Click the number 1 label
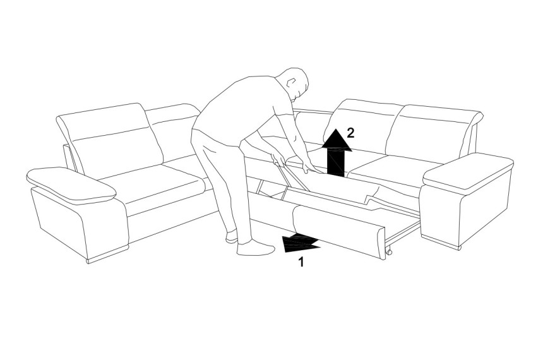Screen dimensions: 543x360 pyautogui.click(x=301, y=261)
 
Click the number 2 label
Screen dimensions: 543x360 pyautogui.click(x=350, y=133)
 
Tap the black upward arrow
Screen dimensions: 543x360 pyautogui.click(x=336, y=153)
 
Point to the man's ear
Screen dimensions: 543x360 pyautogui.click(x=290, y=83)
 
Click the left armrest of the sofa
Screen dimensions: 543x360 pyautogui.click(x=71, y=184)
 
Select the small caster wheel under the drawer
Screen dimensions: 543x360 pyautogui.click(x=389, y=251)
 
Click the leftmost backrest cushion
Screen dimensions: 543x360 pyautogui.click(x=110, y=138)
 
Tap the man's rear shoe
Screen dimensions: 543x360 pyautogui.click(x=231, y=237)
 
